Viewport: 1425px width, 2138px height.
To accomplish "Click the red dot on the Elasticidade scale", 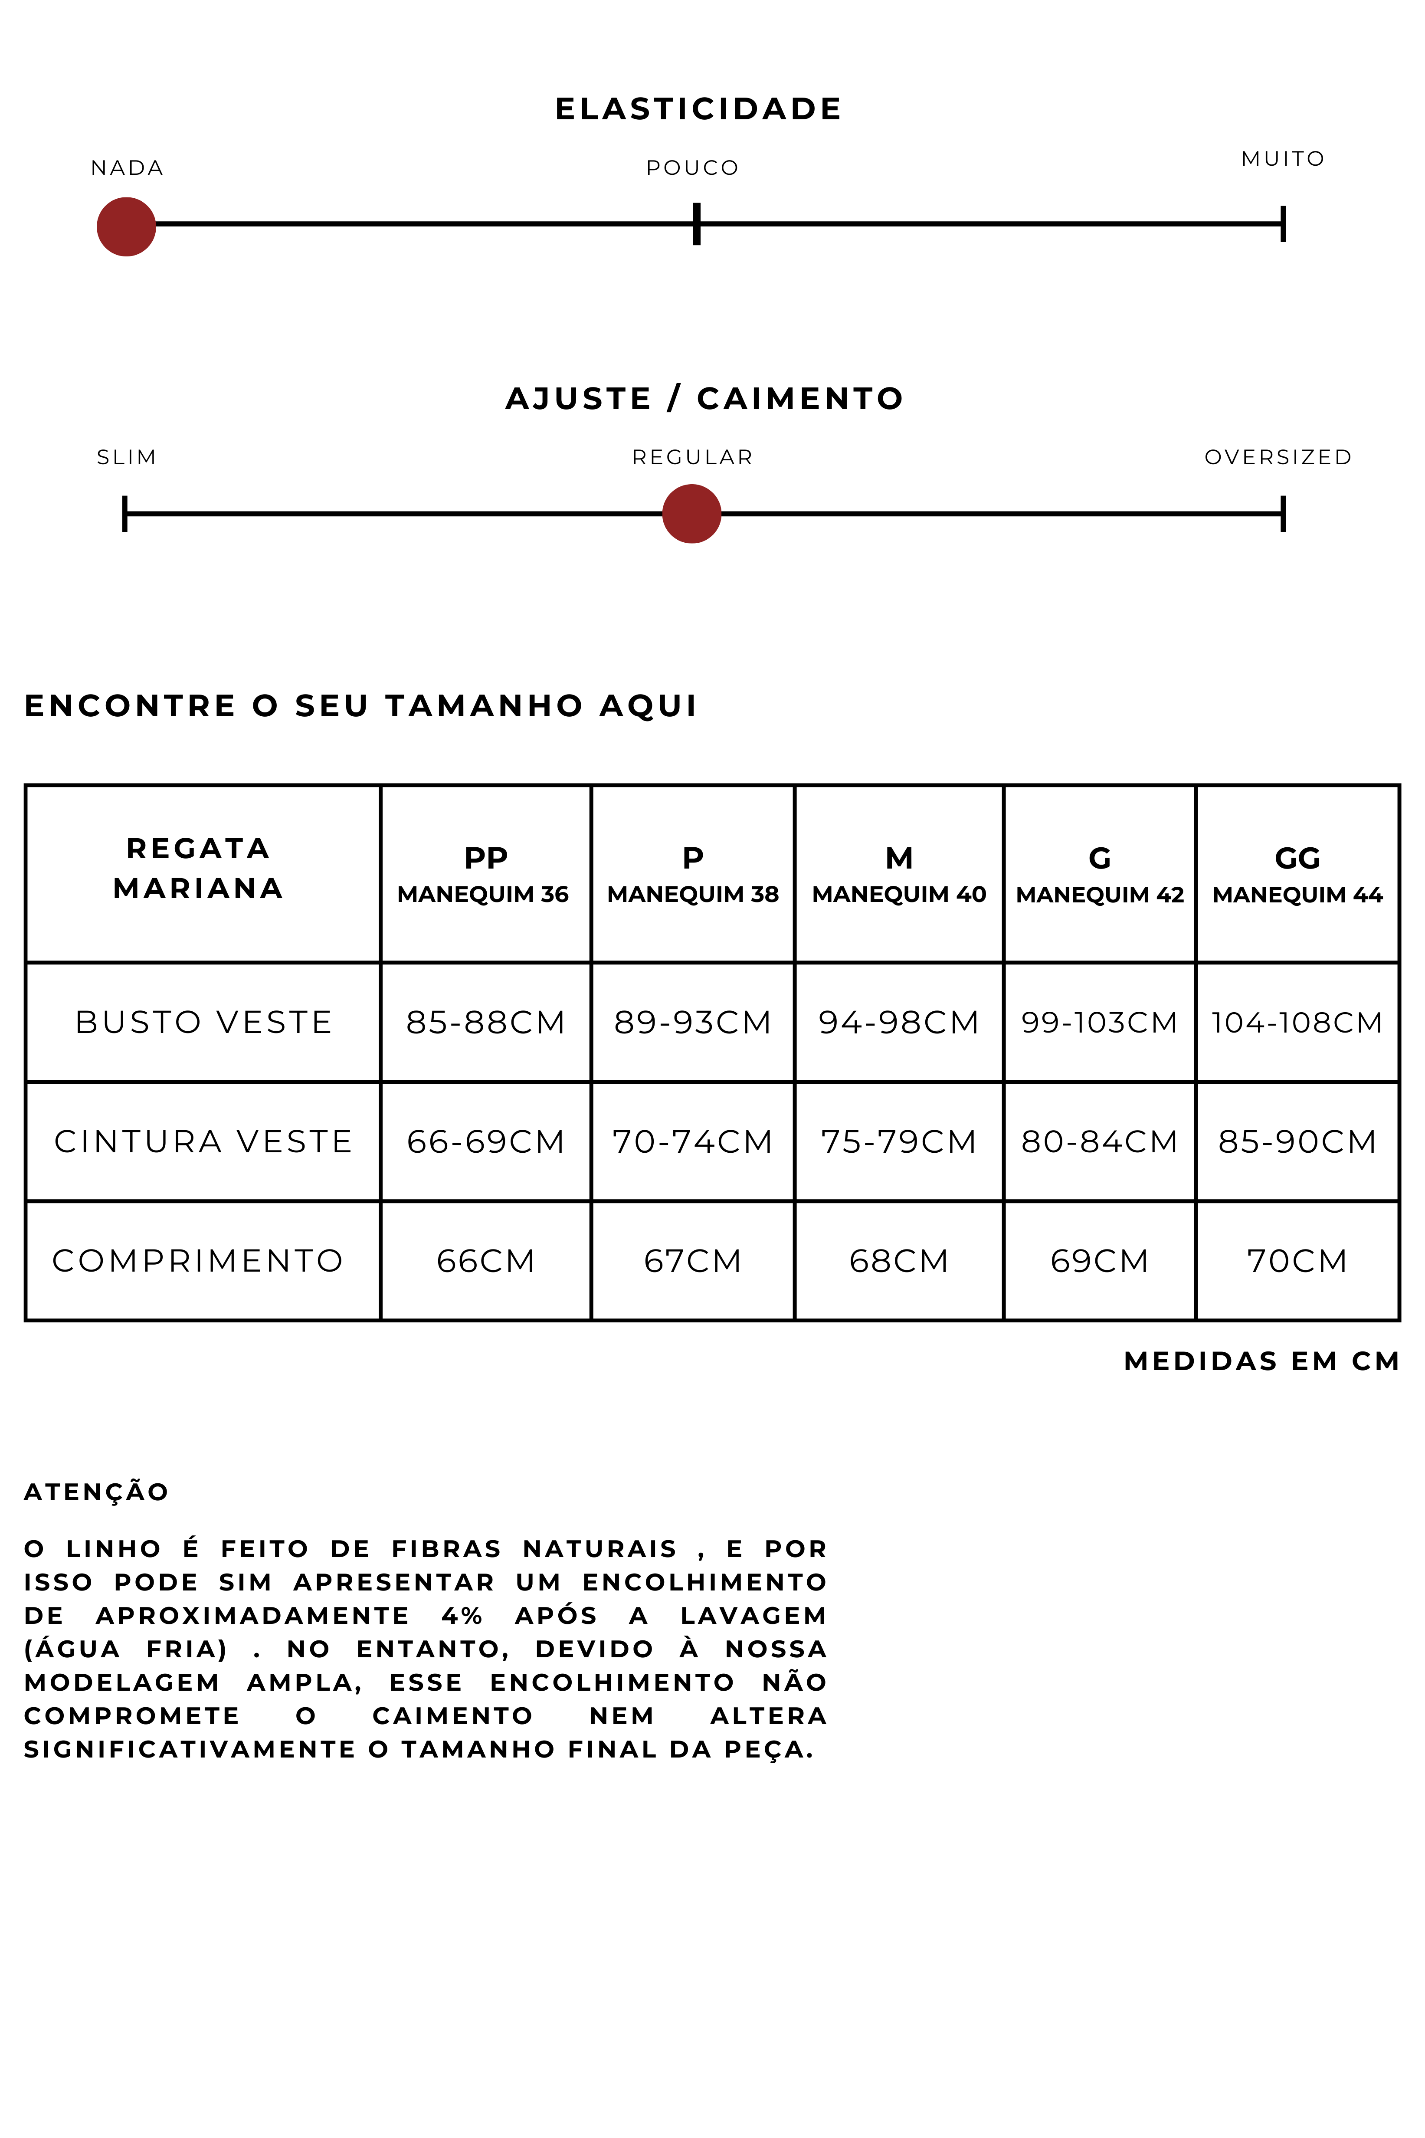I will [x=126, y=226].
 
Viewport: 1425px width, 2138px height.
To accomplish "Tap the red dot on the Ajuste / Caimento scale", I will [x=691, y=514].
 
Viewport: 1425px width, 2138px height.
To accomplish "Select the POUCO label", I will [x=692, y=168].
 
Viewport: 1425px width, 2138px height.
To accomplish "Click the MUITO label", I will [x=1282, y=159].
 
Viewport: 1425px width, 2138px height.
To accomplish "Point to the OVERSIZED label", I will [x=1278, y=457].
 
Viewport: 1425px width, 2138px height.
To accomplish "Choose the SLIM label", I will [x=126, y=457].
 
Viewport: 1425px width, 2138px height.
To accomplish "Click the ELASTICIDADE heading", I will [x=698, y=109].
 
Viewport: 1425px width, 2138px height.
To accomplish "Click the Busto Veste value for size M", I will [x=898, y=1023].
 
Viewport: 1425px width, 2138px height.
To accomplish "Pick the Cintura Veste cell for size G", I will [x=1099, y=1142].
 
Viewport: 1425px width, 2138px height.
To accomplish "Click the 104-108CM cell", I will [x=1297, y=1023].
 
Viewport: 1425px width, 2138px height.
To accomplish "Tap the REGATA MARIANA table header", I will [x=198, y=868].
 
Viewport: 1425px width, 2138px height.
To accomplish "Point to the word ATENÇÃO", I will [x=96, y=1492].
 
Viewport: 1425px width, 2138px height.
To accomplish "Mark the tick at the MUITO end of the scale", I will [x=1282, y=223].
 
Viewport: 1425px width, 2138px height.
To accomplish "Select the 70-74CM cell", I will [x=692, y=1142].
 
